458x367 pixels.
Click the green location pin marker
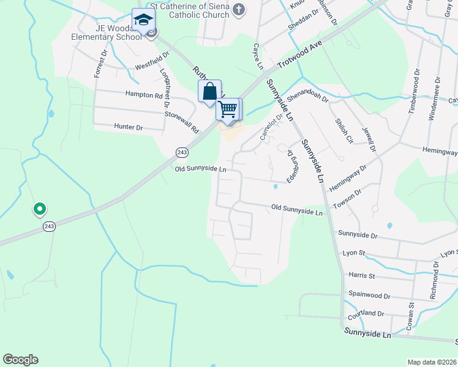(39, 209)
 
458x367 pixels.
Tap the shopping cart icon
(228, 110)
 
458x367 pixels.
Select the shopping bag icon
(209, 92)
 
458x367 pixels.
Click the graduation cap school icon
(143, 20)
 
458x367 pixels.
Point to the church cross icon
(238, 10)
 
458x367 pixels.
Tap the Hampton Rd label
(144, 95)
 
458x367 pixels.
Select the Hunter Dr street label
(128, 127)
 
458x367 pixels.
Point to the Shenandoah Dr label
(308, 97)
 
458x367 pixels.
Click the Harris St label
(361, 276)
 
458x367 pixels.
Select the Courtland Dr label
(365, 315)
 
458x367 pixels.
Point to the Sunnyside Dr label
(358, 234)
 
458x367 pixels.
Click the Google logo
(20, 360)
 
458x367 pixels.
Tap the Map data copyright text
(431, 362)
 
